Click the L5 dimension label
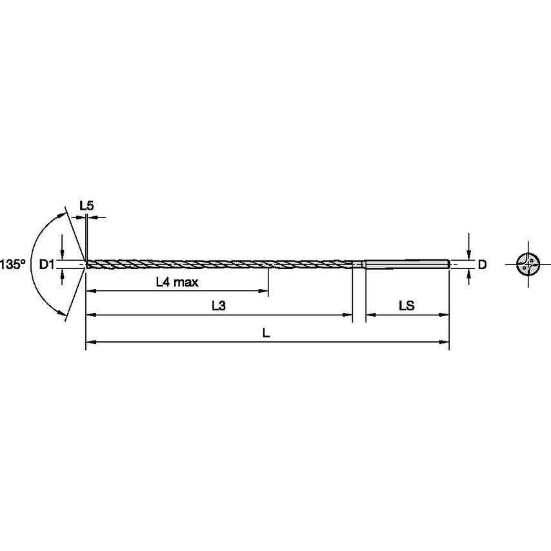pos(86,206)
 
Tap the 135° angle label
pos(13,265)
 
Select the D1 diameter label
pos(46,265)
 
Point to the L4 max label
pos(177,282)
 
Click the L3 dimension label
pos(219,306)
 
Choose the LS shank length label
pos(406,306)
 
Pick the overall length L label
pos(266,333)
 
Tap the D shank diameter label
pos(482,265)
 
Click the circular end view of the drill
pos(528,265)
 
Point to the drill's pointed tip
pos(86,265)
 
